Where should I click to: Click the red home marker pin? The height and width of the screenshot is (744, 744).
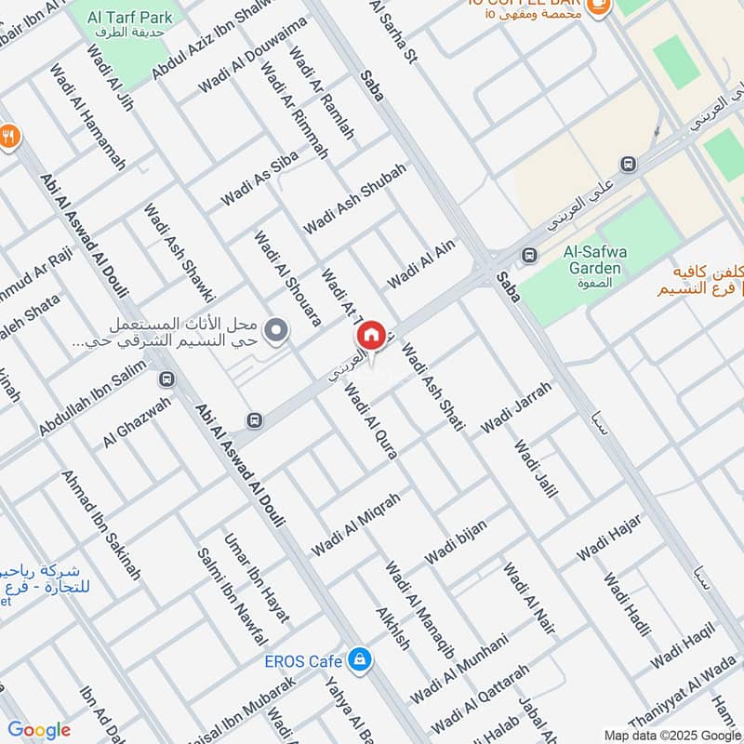point(370,336)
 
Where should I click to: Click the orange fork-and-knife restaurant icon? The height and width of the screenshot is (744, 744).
point(9,137)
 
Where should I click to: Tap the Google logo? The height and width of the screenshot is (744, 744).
point(38,730)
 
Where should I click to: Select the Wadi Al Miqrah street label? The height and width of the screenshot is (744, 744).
point(356,525)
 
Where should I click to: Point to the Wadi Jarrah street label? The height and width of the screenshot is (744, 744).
point(516,408)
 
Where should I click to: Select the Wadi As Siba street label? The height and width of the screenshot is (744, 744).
point(259,179)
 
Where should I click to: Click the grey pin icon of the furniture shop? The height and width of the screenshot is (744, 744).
point(275,328)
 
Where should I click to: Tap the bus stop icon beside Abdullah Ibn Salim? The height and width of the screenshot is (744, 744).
point(166,379)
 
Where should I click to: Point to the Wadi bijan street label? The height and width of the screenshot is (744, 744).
point(456,542)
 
